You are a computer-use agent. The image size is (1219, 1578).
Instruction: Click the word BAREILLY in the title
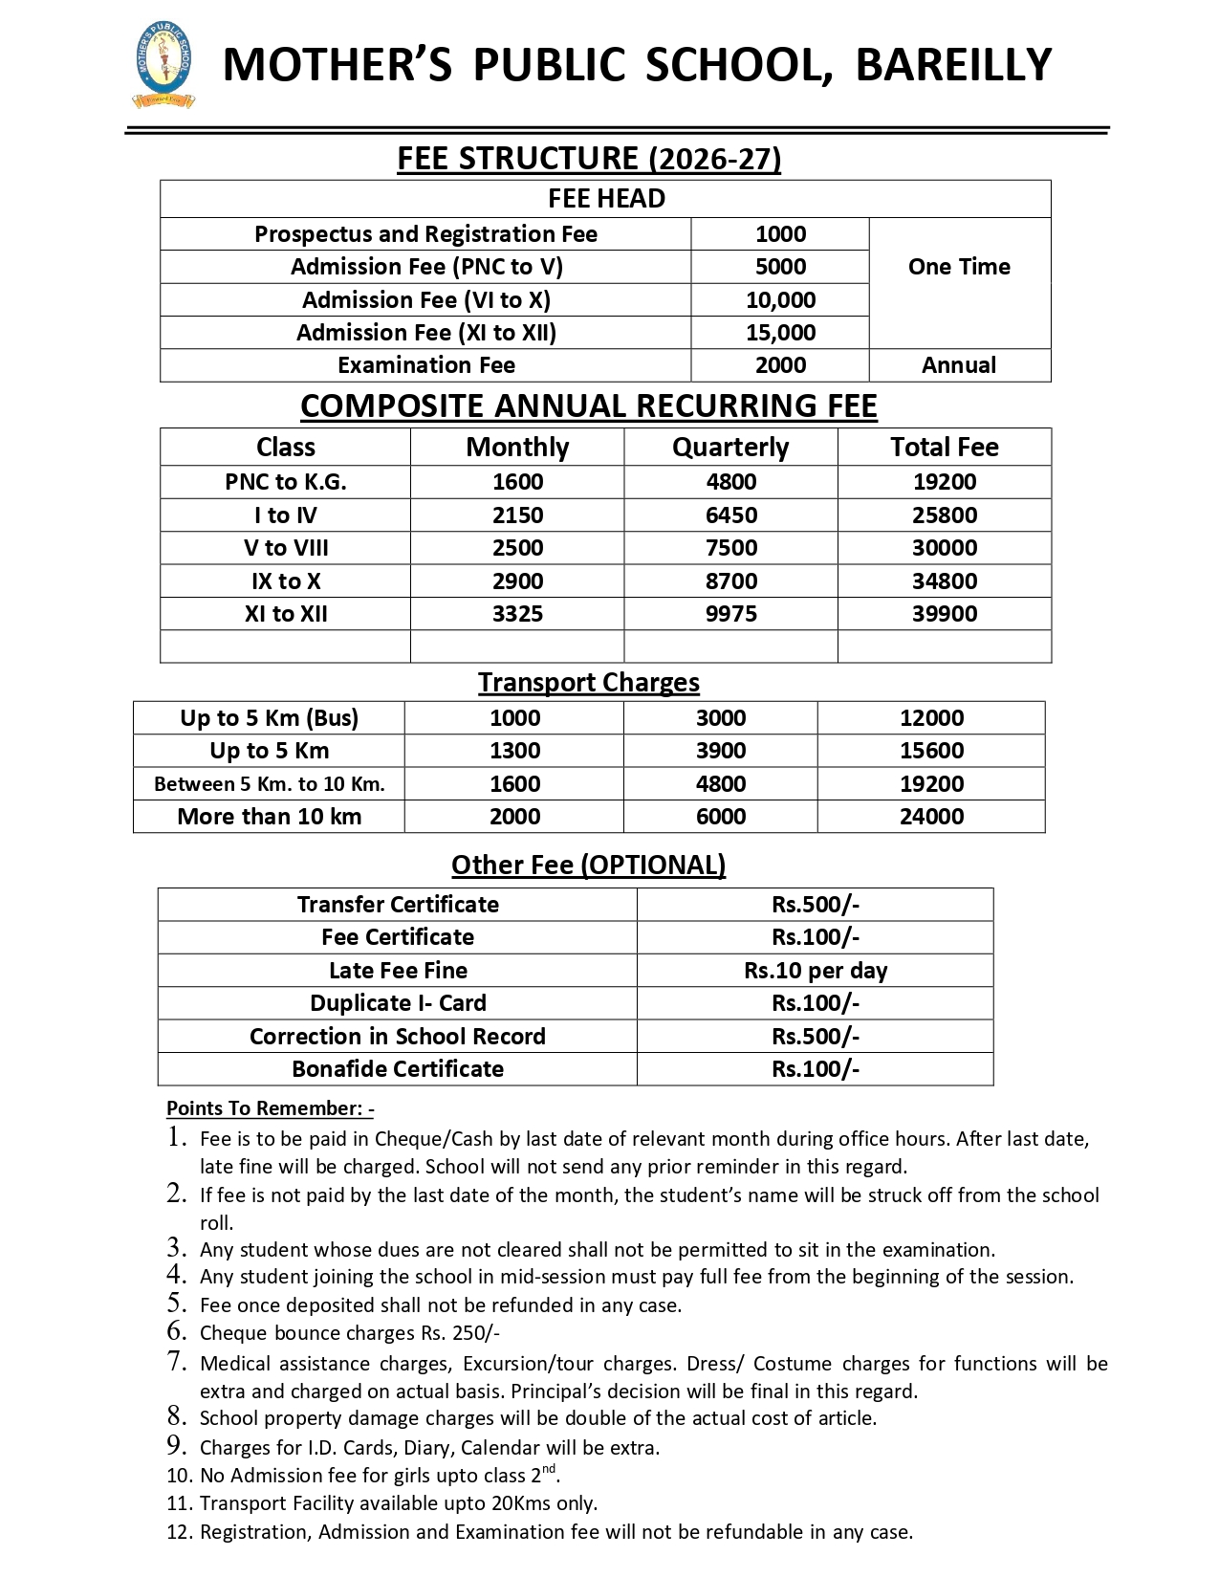pos(953,65)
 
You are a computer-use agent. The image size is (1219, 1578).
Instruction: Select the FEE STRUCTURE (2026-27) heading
pos(589,158)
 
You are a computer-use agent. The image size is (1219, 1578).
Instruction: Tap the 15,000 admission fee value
pos(780,333)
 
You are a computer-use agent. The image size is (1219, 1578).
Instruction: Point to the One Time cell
pos(959,267)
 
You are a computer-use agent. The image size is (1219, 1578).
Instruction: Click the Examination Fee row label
pos(425,365)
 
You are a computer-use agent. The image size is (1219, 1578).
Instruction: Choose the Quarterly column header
pos(730,447)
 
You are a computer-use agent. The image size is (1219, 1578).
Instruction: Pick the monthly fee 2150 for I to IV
pos(517,515)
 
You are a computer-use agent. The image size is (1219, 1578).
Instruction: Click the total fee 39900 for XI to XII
pos(945,614)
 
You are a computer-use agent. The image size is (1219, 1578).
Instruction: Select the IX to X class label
pos(286,581)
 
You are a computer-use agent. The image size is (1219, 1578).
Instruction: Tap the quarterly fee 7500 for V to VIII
pos(730,548)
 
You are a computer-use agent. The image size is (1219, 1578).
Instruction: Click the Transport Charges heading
pos(589,682)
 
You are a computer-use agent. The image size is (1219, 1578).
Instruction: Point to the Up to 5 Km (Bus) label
pos(269,718)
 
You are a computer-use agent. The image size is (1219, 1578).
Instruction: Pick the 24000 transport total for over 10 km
pos(931,817)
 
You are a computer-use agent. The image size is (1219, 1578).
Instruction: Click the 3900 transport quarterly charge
pos(720,751)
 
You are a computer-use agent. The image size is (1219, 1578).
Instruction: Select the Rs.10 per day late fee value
pos(816,971)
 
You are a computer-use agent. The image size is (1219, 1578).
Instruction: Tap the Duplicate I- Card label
pos(398,1003)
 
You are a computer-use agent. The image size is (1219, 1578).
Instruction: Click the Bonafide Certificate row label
pos(398,1069)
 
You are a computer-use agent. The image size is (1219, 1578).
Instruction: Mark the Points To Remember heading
pos(270,1108)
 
